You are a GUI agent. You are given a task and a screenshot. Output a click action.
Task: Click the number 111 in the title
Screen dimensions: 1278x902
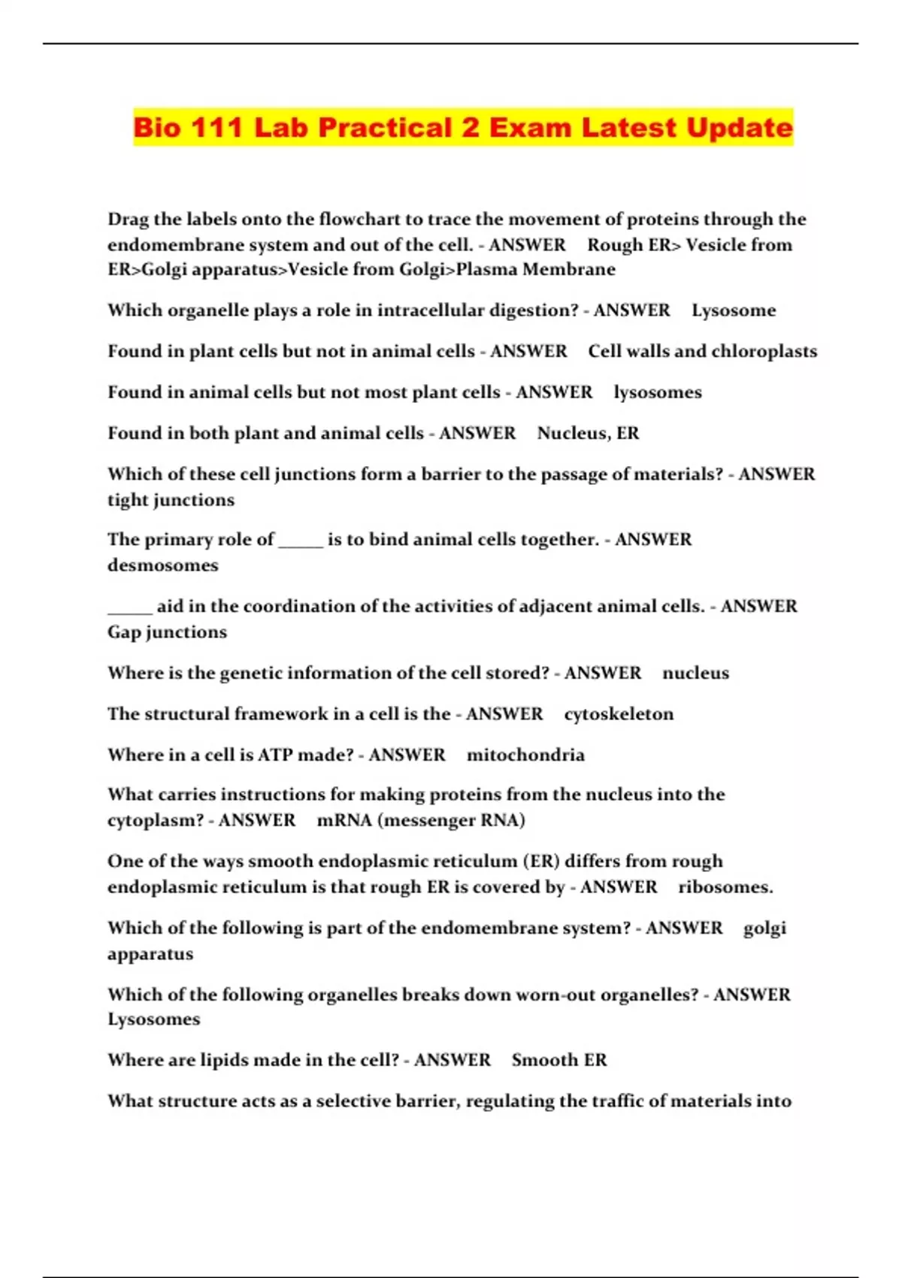click(x=216, y=127)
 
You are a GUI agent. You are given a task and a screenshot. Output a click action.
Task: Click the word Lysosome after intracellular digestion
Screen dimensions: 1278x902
click(x=734, y=310)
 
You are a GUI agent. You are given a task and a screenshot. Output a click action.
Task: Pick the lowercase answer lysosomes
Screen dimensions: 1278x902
click(x=658, y=392)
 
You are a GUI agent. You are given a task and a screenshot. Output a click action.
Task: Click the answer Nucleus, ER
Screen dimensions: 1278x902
click(x=588, y=433)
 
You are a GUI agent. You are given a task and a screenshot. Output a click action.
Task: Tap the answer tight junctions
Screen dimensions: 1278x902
click(x=171, y=500)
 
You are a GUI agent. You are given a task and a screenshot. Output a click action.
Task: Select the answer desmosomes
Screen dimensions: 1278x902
click(x=162, y=565)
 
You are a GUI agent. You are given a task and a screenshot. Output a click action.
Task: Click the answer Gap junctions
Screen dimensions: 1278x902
click(x=167, y=632)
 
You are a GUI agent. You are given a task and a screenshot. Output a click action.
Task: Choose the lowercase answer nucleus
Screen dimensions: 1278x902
click(x=695, y=673)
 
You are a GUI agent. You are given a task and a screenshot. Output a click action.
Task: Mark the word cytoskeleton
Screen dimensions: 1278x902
click(x=619, y=714)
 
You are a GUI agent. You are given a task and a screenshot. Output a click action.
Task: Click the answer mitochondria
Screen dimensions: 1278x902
click(x=525, y=755)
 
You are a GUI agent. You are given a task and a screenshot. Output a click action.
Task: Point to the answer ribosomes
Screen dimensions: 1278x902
click(x=725, y=887)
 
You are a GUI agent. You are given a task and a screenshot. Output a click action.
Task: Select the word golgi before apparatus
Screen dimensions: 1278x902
click(x=764, y=928)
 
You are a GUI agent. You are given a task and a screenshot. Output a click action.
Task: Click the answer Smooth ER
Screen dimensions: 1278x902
click(x=559, y=1060)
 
